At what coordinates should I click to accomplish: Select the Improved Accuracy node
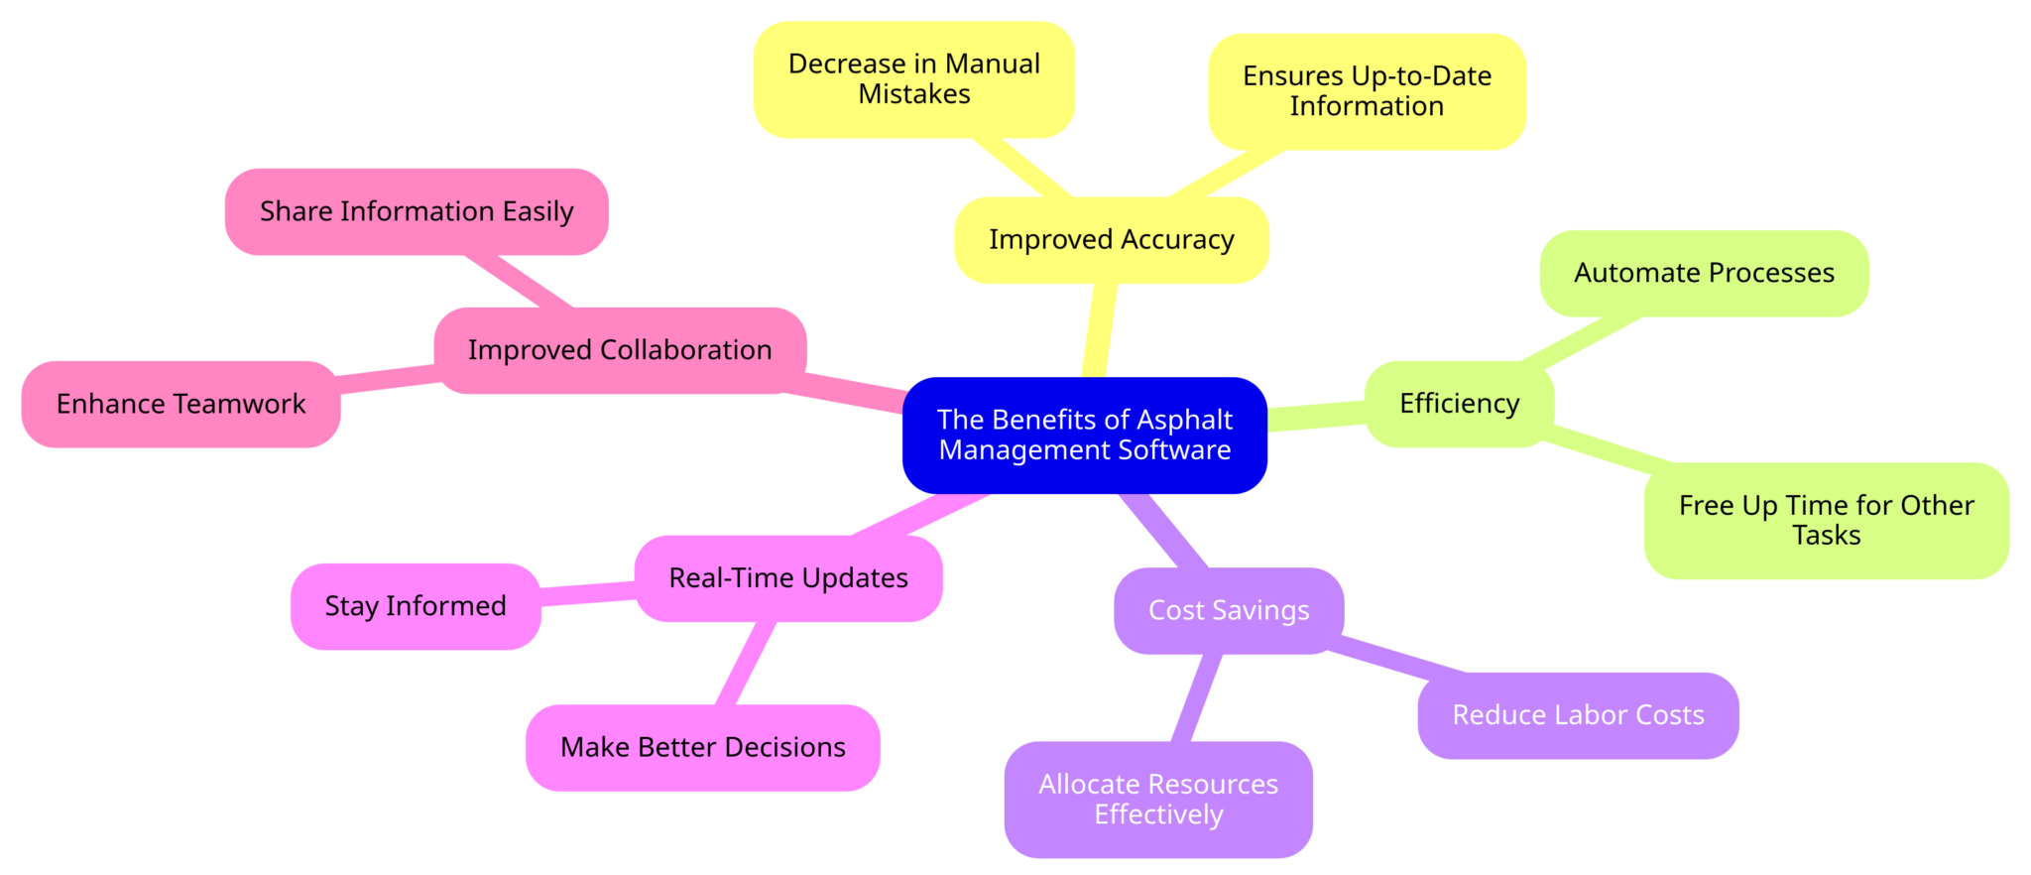pos(1111,240)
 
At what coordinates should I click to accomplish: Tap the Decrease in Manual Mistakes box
pos(913,79)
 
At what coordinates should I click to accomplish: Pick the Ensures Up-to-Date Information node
pos(1366,91)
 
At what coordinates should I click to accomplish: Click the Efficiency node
pos(1458,404)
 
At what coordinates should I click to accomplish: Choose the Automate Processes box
pos(1703,273)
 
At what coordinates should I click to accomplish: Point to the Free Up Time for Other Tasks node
pos(1825,520)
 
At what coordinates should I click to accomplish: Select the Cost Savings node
pos(1228,610)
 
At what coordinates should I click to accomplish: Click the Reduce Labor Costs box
pos(1577,715)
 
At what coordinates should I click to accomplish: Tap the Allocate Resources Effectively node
pos(1157,799)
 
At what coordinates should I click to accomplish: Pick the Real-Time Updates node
pos(787,578)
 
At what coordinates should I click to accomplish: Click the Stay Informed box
pos(415,606)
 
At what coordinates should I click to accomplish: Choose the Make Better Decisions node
pos(702,747)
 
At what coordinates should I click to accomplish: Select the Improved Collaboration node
pos(619,350)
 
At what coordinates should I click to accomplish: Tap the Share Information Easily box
pos(416,211)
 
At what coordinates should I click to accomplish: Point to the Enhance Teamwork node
pos(180,404)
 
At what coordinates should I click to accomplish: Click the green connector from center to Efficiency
pos(1316,416)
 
